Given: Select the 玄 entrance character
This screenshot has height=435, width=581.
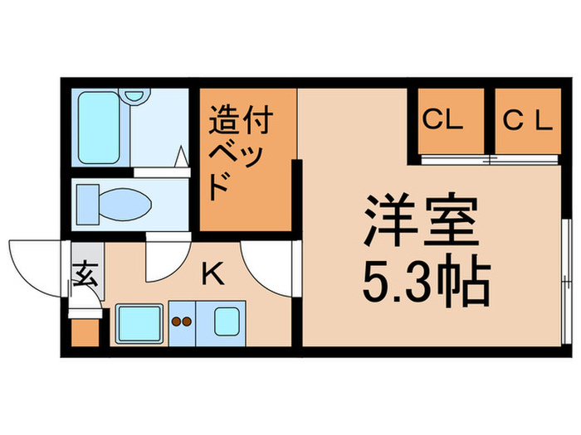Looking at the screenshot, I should pyautogui.click(x=85, y=274).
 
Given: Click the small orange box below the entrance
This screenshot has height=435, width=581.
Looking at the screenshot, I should pyautogui.click(x=85, y=332).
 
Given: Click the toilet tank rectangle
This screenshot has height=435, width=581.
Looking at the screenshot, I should pyautogui.click(x=85, y=200).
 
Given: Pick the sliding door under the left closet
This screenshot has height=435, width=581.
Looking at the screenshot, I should pyautogui.click(x=452, y=157).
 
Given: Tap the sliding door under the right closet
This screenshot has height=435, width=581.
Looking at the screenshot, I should pyautogui.click(x=526, y=157).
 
